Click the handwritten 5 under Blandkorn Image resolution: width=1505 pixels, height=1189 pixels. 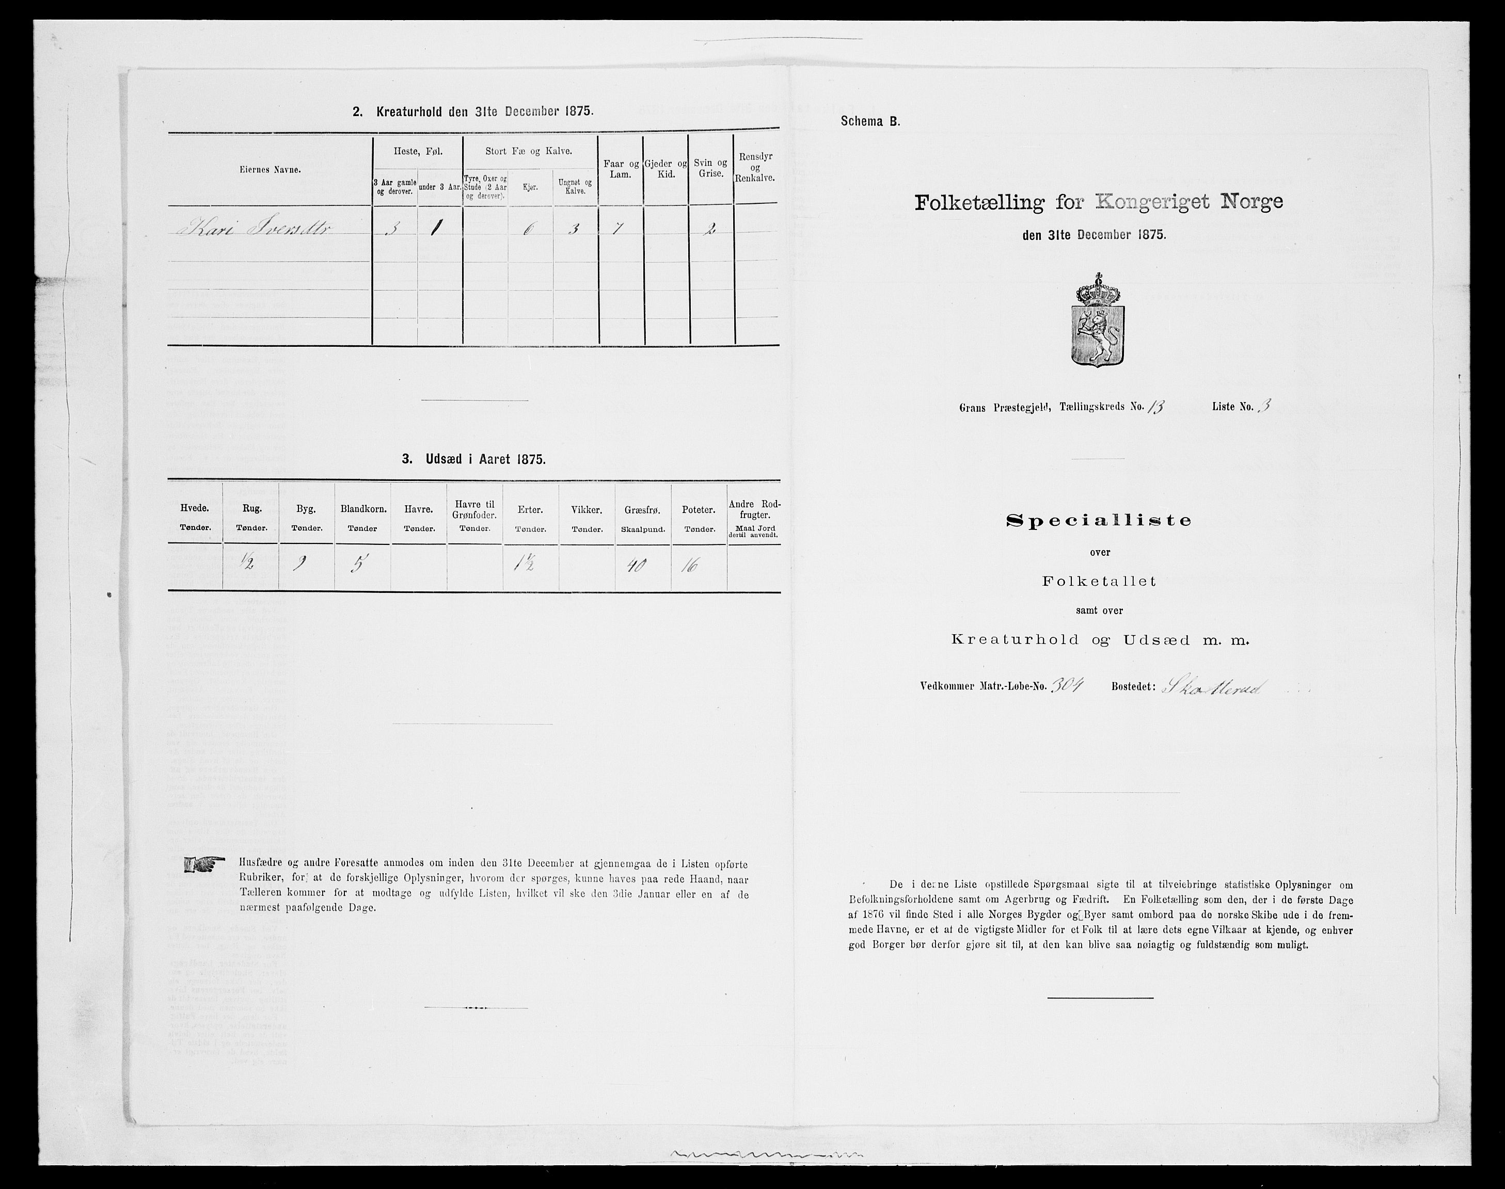point(361,565)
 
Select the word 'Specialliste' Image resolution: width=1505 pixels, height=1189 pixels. point(1099,520)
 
